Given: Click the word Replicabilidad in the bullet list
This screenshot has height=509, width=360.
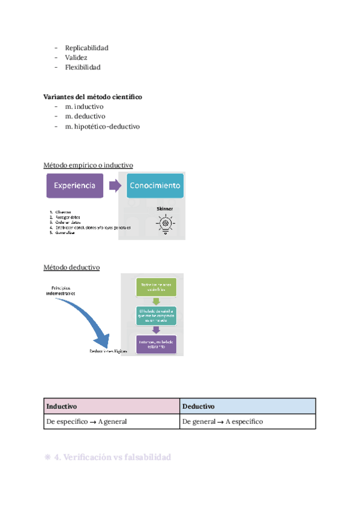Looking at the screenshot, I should click(86, 48).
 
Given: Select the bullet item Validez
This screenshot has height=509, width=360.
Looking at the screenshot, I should click(76, 58).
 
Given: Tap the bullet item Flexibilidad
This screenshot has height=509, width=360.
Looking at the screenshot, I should click(83, 67).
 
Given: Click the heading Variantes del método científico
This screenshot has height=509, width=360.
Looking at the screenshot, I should click(92, 97).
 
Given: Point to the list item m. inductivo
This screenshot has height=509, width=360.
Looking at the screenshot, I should click(84, 106).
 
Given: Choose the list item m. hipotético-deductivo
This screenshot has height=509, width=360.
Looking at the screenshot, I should click(102, 127).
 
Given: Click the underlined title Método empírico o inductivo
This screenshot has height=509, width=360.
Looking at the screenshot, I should click(88, 165).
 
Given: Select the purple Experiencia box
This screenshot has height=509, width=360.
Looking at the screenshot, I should click(75, 186).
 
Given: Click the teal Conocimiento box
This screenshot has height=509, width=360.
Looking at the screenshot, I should click(155, 186).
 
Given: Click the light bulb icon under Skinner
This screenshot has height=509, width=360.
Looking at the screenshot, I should click(164, 223).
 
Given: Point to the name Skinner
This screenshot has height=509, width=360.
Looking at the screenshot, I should click(164, 209).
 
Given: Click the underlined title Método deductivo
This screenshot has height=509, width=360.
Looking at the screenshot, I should click(71, 267).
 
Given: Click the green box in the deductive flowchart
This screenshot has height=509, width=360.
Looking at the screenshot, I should click(155, 286).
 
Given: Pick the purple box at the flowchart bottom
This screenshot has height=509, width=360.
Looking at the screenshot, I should click(155, 344).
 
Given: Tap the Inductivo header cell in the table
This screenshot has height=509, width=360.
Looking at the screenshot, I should click(112, 406).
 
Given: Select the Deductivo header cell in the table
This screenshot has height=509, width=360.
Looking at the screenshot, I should click(247, 406).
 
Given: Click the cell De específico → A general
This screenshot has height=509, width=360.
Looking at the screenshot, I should click(112, 421).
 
